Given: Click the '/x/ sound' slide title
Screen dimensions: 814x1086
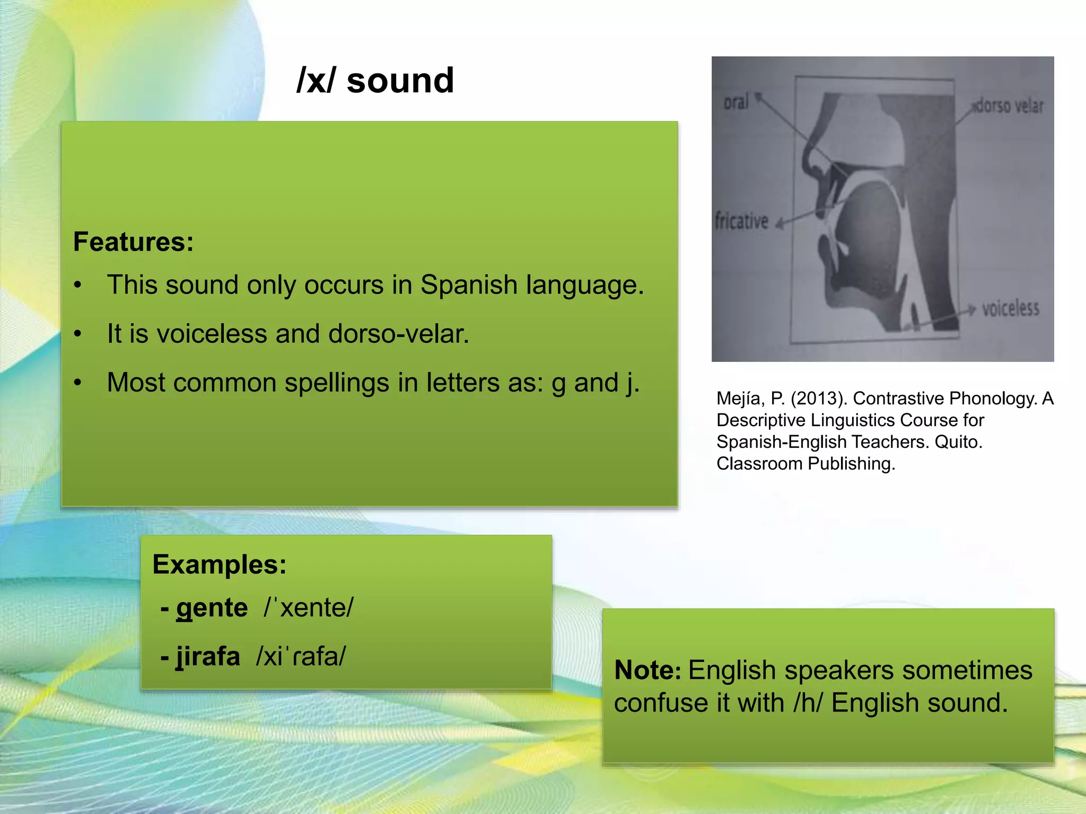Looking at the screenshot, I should pos(375,81).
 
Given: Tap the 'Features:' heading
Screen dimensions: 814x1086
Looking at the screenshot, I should pos(133,242).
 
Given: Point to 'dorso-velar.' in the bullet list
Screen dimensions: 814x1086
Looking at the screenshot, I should pos(399,334).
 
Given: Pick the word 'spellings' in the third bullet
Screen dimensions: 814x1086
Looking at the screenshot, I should pos(336,383).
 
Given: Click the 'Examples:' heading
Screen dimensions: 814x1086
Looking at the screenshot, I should pos(219,564).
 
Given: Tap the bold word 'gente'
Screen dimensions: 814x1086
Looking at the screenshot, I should pos(212,608).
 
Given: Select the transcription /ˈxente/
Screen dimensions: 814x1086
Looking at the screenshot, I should pos(308,608).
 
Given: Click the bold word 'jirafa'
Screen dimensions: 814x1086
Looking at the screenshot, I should pos(208,657).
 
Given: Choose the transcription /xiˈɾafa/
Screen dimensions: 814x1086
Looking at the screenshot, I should pos(301,657).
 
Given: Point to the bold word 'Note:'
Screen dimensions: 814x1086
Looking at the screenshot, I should pos(647,670).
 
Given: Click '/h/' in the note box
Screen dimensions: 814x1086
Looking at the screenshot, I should pos(808,703).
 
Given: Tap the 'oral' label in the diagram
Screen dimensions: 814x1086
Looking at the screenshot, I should pos(736,102).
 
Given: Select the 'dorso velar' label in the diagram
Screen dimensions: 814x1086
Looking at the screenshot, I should pos(1009,106).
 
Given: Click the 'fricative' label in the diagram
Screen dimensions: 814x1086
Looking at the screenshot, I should pos(741,220).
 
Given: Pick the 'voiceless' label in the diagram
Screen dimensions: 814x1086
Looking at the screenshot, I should pos(1010,308).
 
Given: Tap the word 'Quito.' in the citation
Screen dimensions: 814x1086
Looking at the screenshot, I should pos(958,442).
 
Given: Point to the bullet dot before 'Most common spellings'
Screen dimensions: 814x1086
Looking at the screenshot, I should pos(78,383).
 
